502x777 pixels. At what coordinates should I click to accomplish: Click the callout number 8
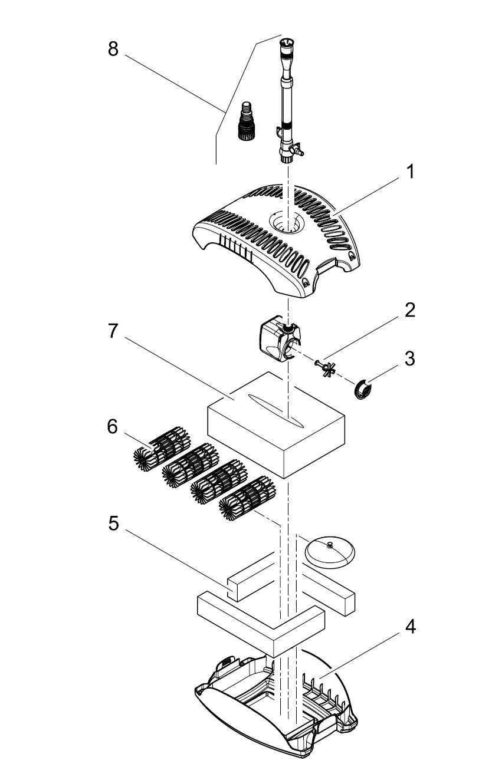pyautogui.click(x=113, y=49)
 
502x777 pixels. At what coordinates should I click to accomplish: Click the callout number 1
pyautogui.click(x=409, y=172)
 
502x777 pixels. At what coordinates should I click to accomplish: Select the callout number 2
pyautogui.click(x=409, y=311)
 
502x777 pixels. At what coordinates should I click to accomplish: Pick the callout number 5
pyautogui.click(x=114, y=524)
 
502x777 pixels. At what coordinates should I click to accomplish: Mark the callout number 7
pyautogui.click(x=113, y=331)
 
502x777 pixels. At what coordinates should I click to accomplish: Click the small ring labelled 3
pyautogui.click(x=363, y=390)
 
